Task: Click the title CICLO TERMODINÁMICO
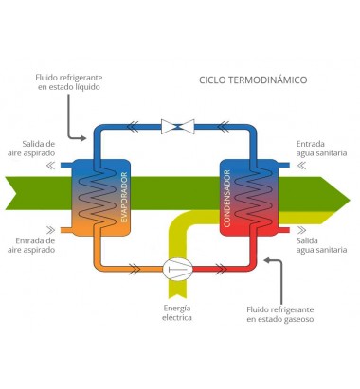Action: pyautogui.click(x=253, y=80)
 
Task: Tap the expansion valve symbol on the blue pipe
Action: pyautogui.click(x=178, y=127)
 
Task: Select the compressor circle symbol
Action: pyautogui.click(x=177, y=269)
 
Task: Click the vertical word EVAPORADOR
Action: pyautogui.click(x=124, y=197)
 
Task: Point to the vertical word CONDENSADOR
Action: pyautogui.click(x=227, y=199)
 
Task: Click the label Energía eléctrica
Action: pyautogui.click(x=177, y=312)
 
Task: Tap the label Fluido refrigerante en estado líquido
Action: pyautogui.click(x=69, y=82)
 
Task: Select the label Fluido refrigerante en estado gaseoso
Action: pyautogui.click(x=280, y=314)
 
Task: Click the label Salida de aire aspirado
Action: pyautogui.click(x=31, y=149)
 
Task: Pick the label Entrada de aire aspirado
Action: pyautogui.click(x=31, y=245)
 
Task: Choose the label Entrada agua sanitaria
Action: pyautogui.click(x=321, y=149)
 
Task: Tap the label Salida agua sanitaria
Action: pyautogui.click(x=321, y=245)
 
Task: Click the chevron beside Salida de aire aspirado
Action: pyautogui.click(x=50, y=166)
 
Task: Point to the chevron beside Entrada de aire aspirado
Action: pyautogui.click(x=50, y=230)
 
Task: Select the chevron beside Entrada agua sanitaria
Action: pyautogui.click(x=301, y=166)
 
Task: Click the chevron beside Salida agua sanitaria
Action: pyautogui.click(x=301, y=230)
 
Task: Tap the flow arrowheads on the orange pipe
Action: pyautogui.click(x=135, y=269)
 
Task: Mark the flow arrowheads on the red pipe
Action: pyautogui.click(x=221, y=269)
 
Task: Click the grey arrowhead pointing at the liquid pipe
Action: pyautogui.click(x=82, y=138)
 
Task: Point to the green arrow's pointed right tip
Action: pyautogui.click(x=350, y=200)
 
